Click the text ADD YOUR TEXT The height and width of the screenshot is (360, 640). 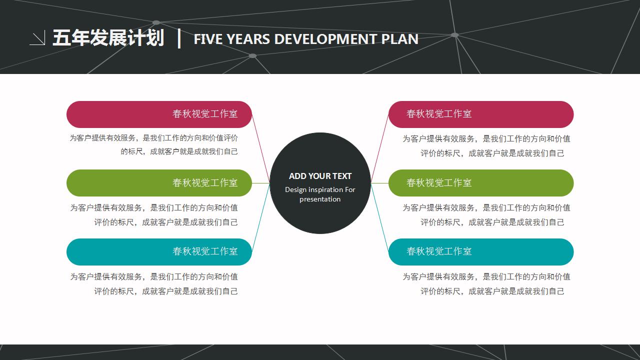[x=320, y=176]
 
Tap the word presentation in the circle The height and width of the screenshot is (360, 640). [x=320, y=199]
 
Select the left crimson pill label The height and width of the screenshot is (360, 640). [x=159, y=114]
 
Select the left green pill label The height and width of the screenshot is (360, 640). [x=159, y=183]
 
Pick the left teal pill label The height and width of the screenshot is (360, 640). [x=159, y=251]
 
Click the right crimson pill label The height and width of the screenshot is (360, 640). [x=481, y=114]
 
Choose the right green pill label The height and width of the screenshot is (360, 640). [x=481, y=183]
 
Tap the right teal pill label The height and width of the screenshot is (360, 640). [x=481, y=251]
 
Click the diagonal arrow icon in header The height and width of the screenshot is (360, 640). [x=37, y=38]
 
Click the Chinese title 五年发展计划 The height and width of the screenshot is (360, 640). [x=108, y=38]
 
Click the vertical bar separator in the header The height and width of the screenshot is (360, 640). [x=179, y=38]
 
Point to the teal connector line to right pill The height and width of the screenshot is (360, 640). [x=379, y=217]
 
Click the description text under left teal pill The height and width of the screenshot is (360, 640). [x=154, y=283]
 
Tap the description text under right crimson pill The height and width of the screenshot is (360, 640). [x=486, y=146]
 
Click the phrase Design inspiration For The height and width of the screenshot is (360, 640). [x=320, y=189]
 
